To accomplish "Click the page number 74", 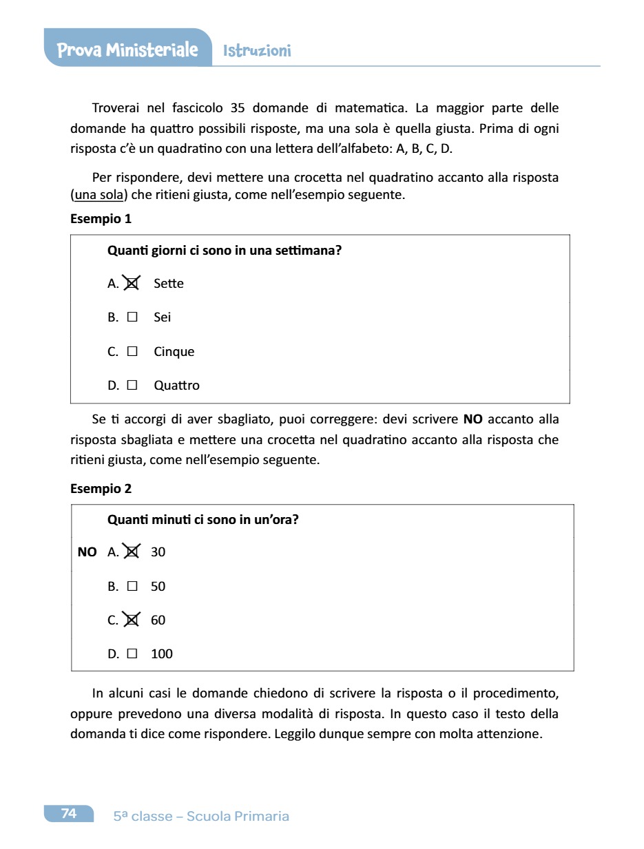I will (x=69, y=814).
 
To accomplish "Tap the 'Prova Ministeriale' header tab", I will (x=127, y=50).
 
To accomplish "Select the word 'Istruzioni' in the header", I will (x=257, y=51).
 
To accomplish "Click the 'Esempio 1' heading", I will (x=101, y=219).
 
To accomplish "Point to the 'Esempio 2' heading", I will (x=101, y=489).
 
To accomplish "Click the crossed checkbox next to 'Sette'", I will (x=132, y=283).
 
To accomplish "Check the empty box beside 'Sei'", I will (x=132, y=317).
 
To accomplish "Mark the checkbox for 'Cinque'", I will (x=132, y=351).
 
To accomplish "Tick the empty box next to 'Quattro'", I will (x=132, y=386).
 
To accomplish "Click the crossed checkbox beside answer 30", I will (x=132, y=552).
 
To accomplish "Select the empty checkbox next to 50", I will (x=132, y=587).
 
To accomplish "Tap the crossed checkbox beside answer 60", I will (x=132, y=620).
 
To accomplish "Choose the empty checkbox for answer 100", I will (x=132, y=654).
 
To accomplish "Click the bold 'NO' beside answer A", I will (x=87, y=552).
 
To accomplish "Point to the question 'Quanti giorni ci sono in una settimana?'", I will (x=225, y=251).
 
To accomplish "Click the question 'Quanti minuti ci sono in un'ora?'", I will (x=203, y=520).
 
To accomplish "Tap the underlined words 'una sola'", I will (x=98, y=195).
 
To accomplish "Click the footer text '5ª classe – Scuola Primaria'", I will (x=201, y=817).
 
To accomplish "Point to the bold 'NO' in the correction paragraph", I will (x=472, y=419).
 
